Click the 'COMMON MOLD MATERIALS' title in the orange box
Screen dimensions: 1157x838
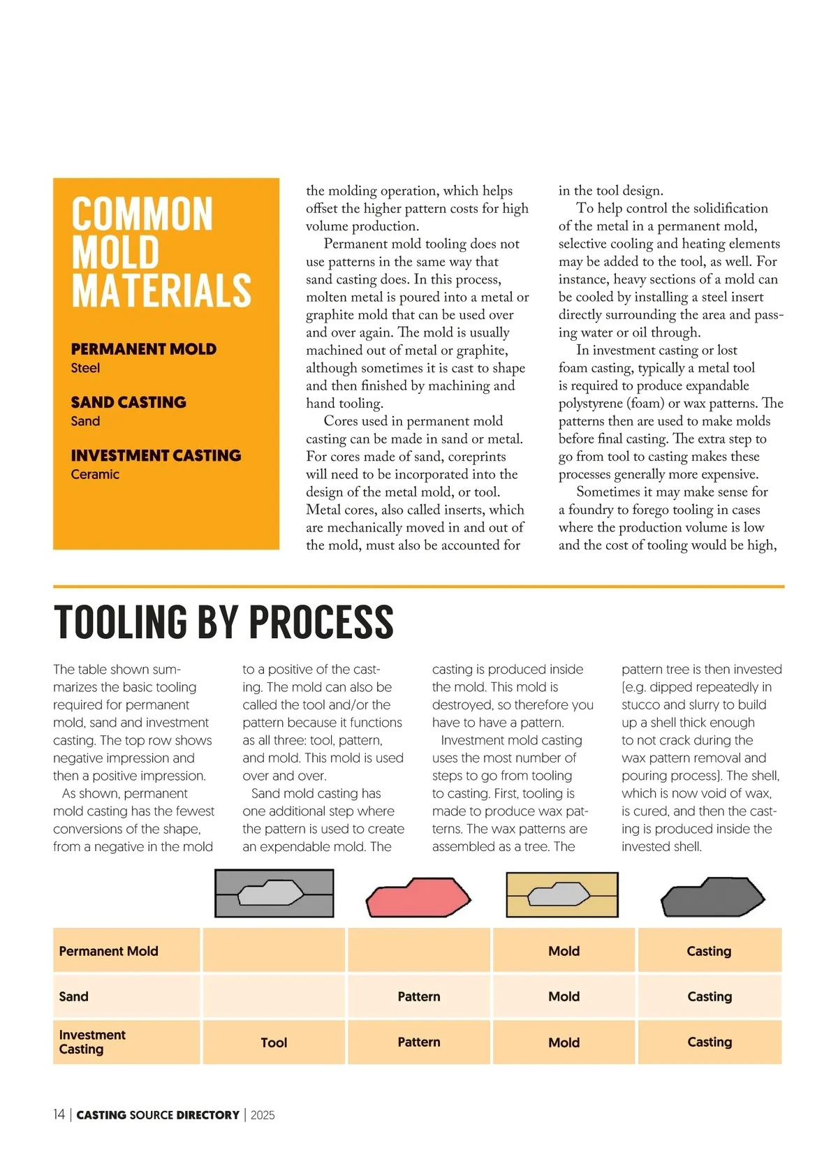[x=161, y=252]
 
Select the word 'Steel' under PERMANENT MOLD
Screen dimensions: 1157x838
[x=85, y=368]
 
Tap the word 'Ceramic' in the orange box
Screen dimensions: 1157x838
[x=95, y=474]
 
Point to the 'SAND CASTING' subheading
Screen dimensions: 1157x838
[x=128, y=402]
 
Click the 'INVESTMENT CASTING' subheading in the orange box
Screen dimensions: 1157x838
[x=156, y=455]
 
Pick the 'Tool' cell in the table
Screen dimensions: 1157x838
[x=274, y=1042]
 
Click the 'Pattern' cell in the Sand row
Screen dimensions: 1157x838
[x=419, y=996]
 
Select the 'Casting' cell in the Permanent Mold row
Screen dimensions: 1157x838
[x=709, y=951]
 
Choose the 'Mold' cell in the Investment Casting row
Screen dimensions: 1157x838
[x=564, y=1042]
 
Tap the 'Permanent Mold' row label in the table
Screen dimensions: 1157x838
[x=108, y=951]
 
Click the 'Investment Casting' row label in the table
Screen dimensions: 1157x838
[x=91, y=1042]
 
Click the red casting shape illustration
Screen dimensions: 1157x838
[x=418, y=898]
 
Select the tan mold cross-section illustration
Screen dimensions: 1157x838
[x=562, y=894]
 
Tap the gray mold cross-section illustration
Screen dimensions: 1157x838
[x=274, y=893]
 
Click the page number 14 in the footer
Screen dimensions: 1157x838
[x=59, y=1115]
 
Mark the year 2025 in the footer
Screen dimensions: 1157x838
[x=263, y=1115]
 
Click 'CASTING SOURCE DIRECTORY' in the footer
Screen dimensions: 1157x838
[x=158, y=1115]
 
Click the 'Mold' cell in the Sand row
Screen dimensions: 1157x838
[x=564, y=996]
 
